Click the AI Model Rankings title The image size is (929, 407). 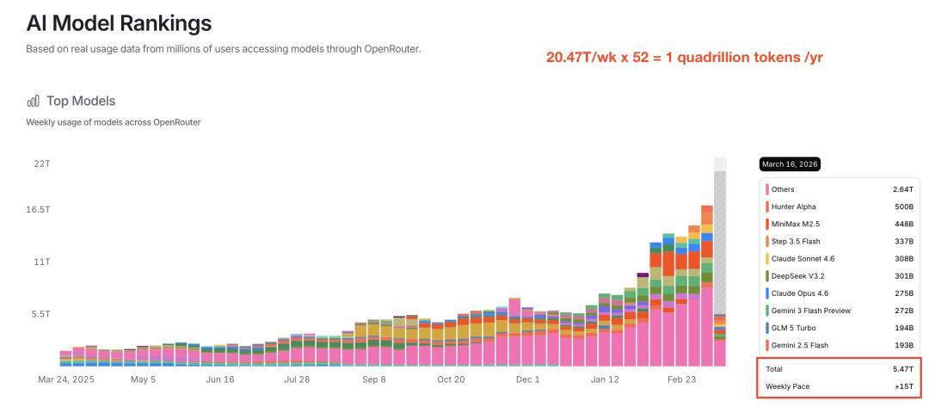click(x=119, y=23)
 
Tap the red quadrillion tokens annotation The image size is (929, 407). click(x=685, y=58)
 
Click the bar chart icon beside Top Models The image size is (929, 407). click(x=34, y=101)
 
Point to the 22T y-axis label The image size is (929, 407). click(x=41, y=163)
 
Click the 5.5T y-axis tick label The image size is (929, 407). click(x=40, y=313)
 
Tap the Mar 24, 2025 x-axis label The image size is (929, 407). click(x=66, y=379)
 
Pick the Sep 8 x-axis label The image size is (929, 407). click(x=374, y=379)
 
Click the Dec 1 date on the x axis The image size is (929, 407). click(x=528, y=379)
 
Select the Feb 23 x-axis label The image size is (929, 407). click(x=682, y=379)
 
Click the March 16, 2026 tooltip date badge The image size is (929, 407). click(x=790, y=164)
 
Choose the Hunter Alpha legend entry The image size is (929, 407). click(x=793, y=207)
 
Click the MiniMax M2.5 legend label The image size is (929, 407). click(x=795, y=224)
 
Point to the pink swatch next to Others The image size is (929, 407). click(x=767, y=189)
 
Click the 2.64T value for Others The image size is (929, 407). click(x=903, y=189)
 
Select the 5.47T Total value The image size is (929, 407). click(x=903, y=369)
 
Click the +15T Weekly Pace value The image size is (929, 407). click(x=904, y=386)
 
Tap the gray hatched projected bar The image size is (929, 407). click(x=720, y=243)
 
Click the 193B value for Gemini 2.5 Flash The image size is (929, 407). click(x=904, y=345)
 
